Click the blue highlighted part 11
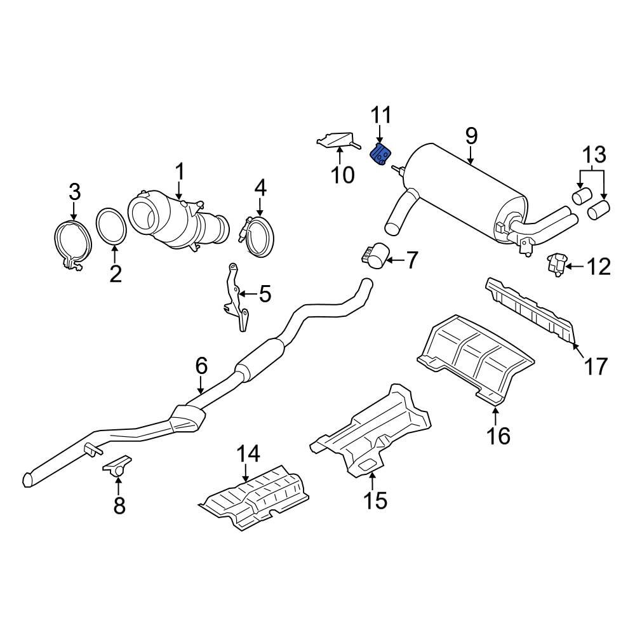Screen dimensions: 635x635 click(x=381, y=154)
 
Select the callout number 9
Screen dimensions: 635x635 click(x=471, y=135)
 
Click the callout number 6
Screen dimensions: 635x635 click(x=201, y=366)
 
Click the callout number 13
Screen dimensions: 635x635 click(x=595, y=156)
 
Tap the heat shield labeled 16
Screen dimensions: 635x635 click(x=476, y=356)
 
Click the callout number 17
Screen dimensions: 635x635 click(x=596, y=366)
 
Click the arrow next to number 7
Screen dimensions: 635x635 click(x=395, y=259)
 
